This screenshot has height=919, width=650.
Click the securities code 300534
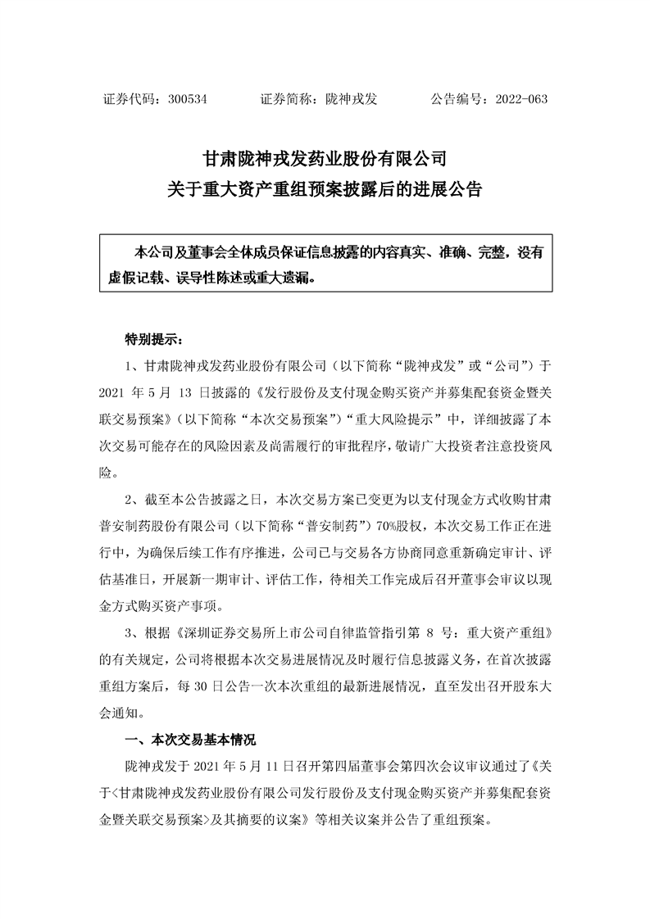point(189,99)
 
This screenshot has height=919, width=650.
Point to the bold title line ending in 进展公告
point(325,192)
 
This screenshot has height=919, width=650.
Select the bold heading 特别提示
point(148,338)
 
